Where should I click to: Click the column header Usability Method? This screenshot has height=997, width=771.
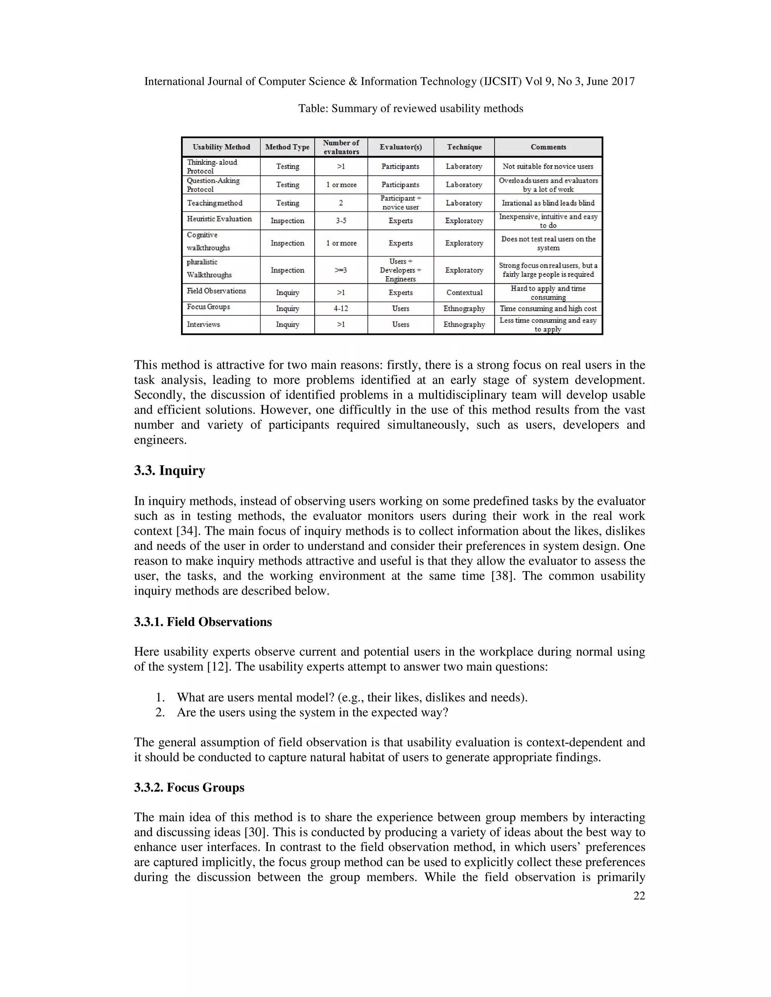[221, 147]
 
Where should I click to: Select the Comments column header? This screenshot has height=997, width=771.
[548, 147]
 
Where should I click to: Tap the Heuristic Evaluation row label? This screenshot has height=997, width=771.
[219, 219]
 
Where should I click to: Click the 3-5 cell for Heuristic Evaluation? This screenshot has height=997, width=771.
[341, 220]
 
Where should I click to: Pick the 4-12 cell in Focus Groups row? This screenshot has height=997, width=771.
[341, 309]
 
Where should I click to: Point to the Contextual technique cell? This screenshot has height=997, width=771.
[464, 293]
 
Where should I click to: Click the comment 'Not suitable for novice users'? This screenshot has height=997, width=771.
[548, 167]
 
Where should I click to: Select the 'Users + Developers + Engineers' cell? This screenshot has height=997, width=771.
[400, 270]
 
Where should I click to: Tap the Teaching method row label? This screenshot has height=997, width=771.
[215, 203]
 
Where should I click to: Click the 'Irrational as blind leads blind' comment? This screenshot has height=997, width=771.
[548, 203]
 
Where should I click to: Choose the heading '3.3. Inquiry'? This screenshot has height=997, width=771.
[169, 471]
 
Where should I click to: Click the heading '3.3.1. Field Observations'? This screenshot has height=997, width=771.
[203, 622]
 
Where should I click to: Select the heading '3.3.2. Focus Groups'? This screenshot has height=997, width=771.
[189, 787]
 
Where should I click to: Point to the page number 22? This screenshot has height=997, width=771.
[639, 896]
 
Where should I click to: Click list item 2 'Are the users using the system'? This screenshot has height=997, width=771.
[312, 713]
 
